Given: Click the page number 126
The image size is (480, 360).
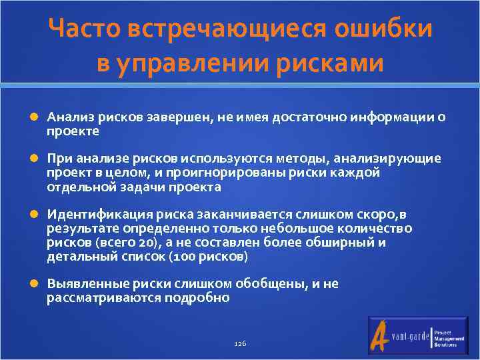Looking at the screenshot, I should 241,343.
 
